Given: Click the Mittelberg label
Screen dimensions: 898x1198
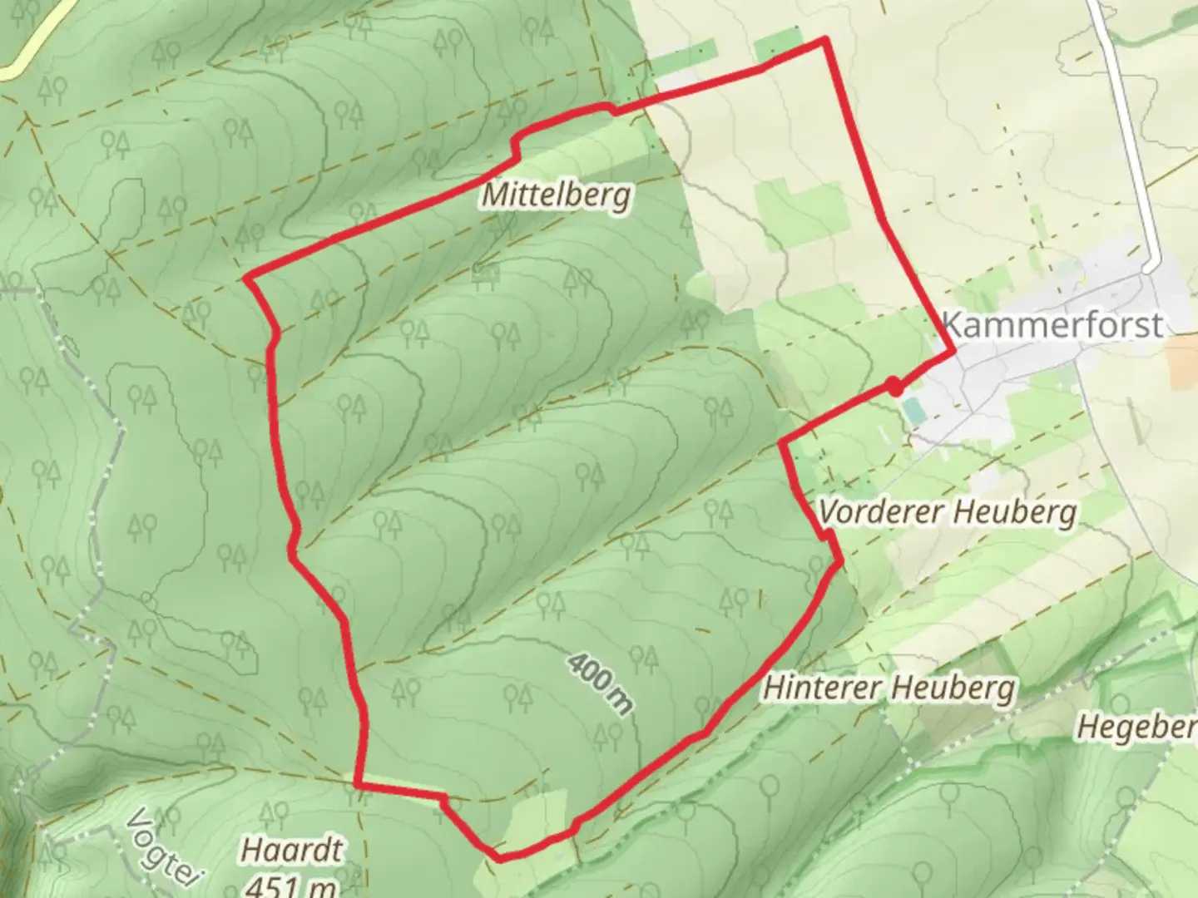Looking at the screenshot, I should (556, 195).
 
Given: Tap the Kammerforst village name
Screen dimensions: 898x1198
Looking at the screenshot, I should (1052, 324).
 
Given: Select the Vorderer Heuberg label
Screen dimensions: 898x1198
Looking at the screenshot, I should (947, 511).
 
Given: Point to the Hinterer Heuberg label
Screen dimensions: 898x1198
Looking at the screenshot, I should (889, 688).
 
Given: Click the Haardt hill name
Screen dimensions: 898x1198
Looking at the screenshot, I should (291, 850).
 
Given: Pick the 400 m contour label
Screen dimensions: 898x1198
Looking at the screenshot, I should (600, 683).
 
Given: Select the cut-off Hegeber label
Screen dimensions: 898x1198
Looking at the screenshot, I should (1136, 728).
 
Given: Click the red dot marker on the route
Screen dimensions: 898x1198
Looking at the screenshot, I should (894, 386).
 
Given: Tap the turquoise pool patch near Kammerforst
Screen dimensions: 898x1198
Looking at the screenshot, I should (912, 410).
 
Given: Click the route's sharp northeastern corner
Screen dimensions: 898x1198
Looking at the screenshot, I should (824, 38).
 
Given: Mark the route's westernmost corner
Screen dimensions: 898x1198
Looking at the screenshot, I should (247, 278).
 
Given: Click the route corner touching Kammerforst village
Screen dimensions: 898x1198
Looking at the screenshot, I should (953, 353).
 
